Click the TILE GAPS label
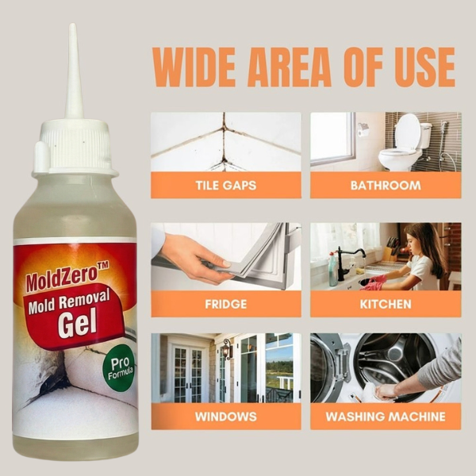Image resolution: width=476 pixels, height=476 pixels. click(226, 185)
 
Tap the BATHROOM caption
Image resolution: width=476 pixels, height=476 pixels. click(386, 185)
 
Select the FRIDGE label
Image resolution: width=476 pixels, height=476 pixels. click(226, 304)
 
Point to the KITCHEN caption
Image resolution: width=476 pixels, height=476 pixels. click(386, 304)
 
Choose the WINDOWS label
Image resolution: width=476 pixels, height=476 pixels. click(226, 416)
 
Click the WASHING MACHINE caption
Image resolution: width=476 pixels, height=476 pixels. click(386, 416)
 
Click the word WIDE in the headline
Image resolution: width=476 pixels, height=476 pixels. click(194, 67)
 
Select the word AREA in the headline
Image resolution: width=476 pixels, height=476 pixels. click(290, 67)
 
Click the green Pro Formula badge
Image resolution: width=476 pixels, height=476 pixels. click(121, 367)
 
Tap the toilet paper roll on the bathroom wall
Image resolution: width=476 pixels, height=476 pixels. click(363, 130)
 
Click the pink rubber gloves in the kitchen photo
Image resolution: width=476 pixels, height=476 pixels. click(374, 282)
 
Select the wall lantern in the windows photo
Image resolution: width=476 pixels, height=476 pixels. click(227, 348)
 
